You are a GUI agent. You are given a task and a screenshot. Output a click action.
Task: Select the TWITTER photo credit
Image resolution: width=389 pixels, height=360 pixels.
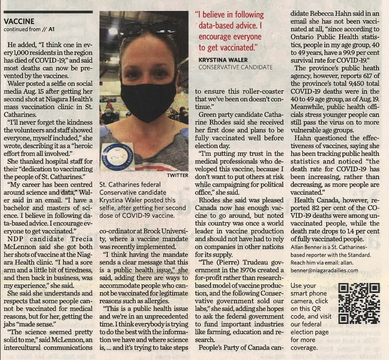click(x=177, y=174)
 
